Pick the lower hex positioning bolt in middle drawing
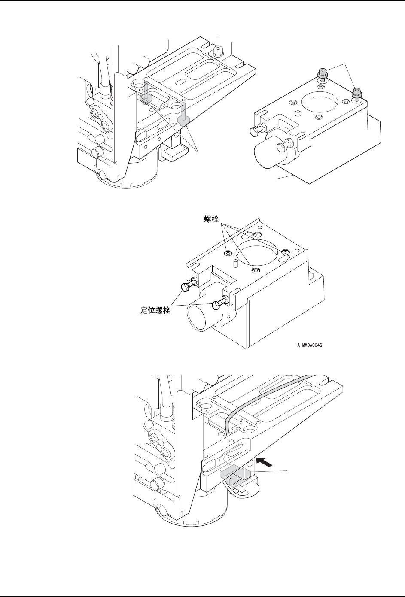click(219, 303)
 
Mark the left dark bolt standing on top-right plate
click(322, 74)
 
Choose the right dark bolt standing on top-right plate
click(356, 93)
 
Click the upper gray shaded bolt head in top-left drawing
click(146, 99)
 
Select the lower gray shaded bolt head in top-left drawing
click(184, 121)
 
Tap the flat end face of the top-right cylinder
click(264, 157)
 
